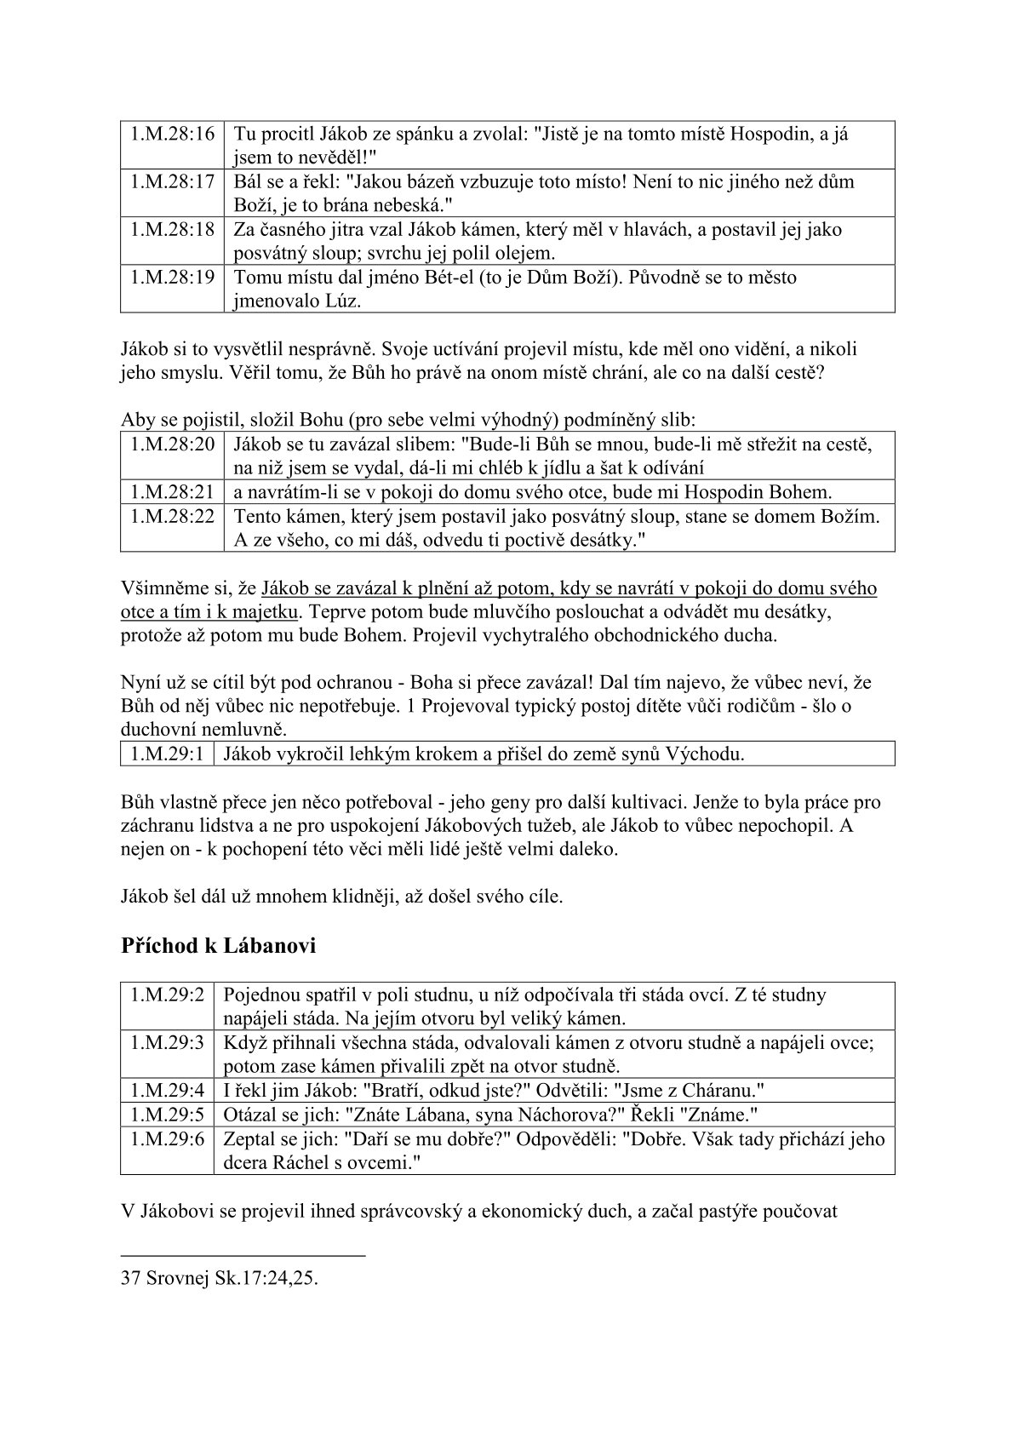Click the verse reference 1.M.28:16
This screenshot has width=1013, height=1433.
(171, 134)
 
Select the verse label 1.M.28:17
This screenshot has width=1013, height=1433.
(171, 181)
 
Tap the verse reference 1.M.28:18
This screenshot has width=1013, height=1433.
(171, 229)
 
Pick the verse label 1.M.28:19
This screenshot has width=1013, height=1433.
(171, 278)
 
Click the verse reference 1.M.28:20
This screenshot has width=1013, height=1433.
(171, 444)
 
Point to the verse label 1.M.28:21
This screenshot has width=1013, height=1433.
(171, 491)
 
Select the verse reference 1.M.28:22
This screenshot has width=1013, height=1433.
(171, 516)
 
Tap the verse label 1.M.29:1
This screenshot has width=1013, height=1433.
(167, 754)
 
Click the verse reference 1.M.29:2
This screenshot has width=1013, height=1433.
(167, 995)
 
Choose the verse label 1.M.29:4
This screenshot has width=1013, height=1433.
(167, 1090)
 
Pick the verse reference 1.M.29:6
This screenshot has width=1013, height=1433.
(167, 1138)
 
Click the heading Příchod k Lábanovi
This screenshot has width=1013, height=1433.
(219, 946)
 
